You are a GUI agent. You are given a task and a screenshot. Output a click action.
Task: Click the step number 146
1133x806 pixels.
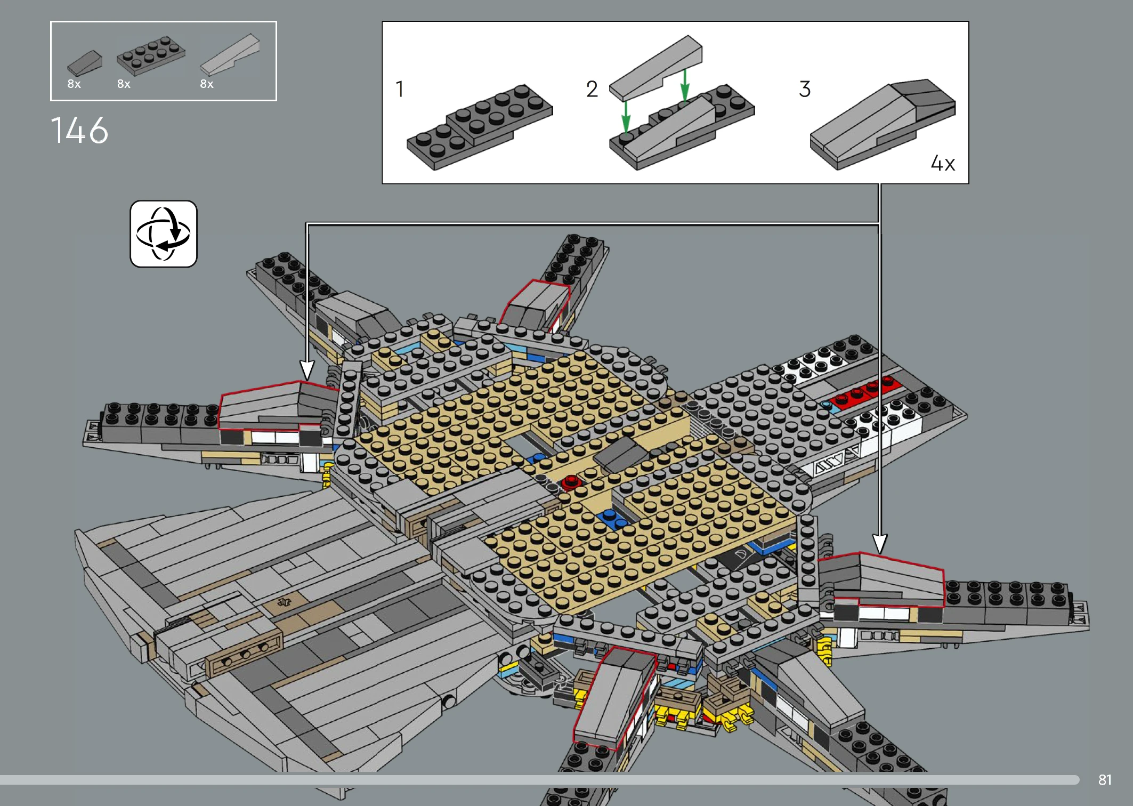79,131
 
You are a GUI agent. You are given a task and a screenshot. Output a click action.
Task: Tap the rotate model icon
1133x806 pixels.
164,234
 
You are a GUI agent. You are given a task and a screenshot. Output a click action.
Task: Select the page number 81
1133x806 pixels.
1105,780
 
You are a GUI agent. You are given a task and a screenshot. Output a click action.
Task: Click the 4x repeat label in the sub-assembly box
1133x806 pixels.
943,163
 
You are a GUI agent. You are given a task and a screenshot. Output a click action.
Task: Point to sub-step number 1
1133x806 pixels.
400,89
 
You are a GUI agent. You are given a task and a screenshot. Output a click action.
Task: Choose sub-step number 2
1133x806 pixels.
592,89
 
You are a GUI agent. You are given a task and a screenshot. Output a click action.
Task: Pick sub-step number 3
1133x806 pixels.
805,89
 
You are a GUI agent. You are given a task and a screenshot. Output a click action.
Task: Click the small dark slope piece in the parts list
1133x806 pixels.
85,63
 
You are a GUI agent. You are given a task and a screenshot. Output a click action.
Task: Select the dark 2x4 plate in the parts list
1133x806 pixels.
151,55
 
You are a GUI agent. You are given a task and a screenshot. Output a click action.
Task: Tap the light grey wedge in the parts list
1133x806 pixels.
230,55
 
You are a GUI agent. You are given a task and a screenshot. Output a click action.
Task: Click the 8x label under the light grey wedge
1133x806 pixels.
207,84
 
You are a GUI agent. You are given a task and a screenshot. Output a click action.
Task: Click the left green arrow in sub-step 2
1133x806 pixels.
626,116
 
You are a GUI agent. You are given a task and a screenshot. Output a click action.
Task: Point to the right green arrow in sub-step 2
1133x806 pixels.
685,84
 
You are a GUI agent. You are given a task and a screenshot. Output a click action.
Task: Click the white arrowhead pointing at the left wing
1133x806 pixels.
307,369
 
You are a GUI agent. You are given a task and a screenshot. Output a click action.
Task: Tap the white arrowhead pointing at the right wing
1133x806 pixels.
880,544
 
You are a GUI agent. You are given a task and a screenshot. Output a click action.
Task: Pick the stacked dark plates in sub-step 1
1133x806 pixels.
480,127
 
